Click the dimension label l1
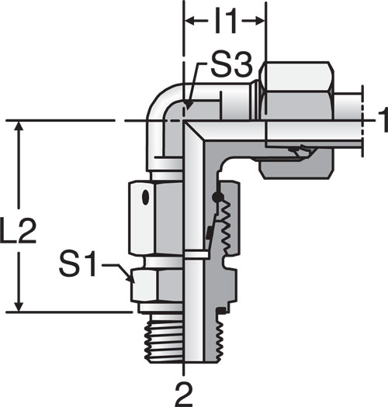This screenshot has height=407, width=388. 226,22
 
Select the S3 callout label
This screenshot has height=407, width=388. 231,66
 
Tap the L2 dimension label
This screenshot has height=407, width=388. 18,230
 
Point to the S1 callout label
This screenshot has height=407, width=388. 78,264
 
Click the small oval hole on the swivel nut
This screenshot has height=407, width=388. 146,198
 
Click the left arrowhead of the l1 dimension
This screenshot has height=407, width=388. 189,21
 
